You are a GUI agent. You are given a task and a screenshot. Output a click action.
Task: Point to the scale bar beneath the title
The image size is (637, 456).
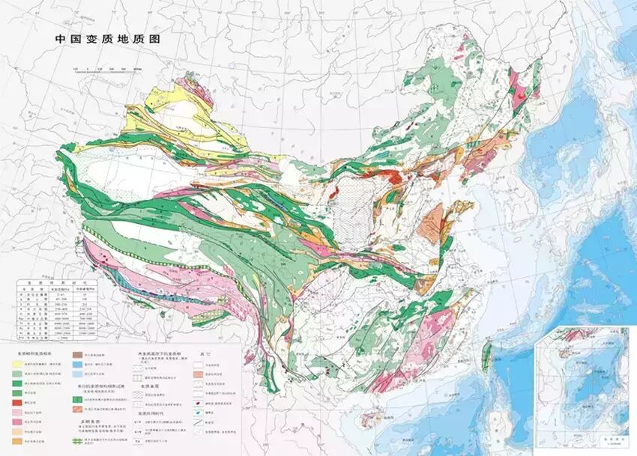109,70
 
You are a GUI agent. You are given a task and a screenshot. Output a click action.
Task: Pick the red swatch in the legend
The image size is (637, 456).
16,403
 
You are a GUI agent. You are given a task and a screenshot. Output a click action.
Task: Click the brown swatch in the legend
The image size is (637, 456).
77,354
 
